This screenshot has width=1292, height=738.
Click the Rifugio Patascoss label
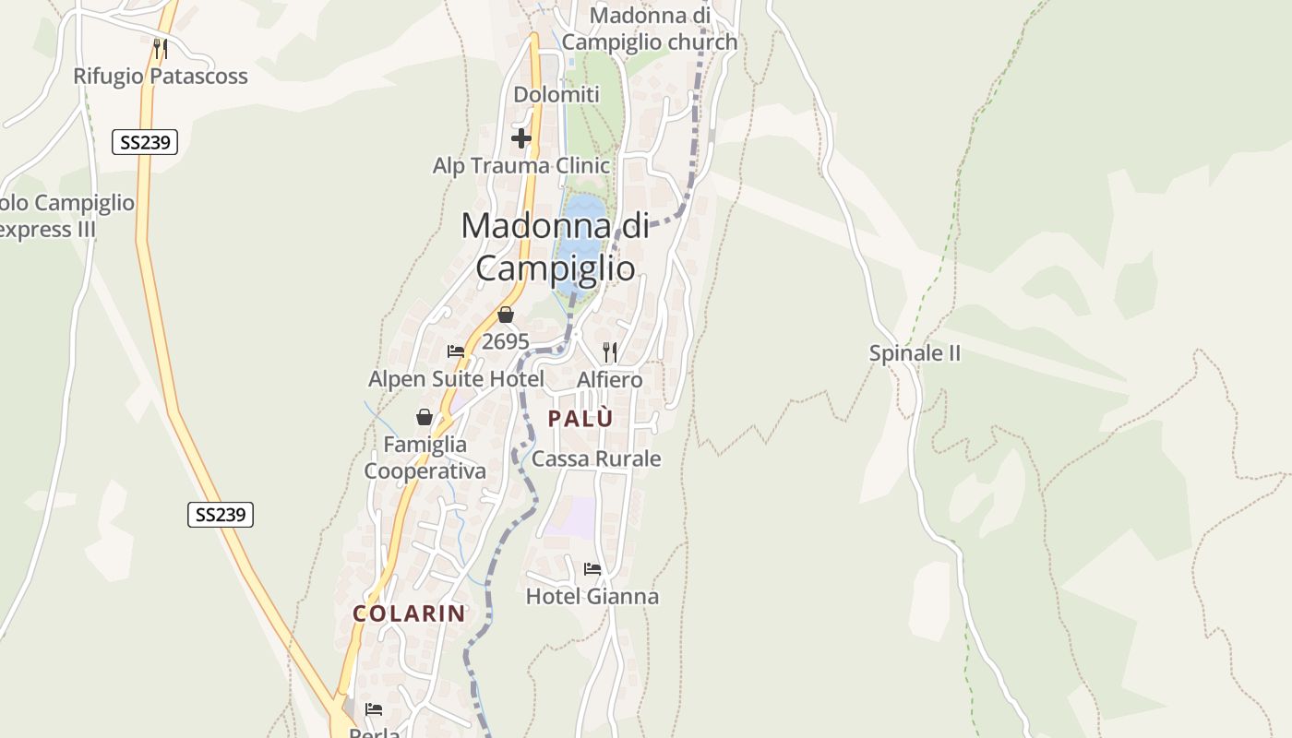(x=161, y=77)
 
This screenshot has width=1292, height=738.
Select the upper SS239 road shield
(x=145, y=142)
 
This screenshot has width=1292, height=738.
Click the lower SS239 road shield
(x=220, y=515)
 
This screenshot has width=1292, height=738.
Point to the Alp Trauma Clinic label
(x=521, y=166)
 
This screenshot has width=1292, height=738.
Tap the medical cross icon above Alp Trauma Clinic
(x=521, y=139)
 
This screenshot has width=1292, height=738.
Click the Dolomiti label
(x=556, y=95)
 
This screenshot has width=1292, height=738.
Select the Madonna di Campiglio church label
(x=650, y=29)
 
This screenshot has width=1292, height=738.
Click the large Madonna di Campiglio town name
(x=555, y=246)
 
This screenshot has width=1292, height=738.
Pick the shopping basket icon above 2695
(x=505, y=315)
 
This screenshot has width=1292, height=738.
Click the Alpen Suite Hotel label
(x=456, y=379)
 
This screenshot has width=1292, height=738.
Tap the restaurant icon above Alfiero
(x=609, y=351)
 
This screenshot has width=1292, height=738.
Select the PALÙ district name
(x=580, y=419)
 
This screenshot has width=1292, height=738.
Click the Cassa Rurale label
(x=596, y=459)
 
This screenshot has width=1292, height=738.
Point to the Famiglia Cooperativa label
(x=425, y=458)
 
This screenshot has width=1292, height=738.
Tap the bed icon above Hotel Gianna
(x=592, y=569)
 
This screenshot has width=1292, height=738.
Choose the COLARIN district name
(x=409, y=613)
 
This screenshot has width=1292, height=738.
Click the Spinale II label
(x=915, y=353)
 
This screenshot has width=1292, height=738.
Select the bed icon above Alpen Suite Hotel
(x=456, y=351)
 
